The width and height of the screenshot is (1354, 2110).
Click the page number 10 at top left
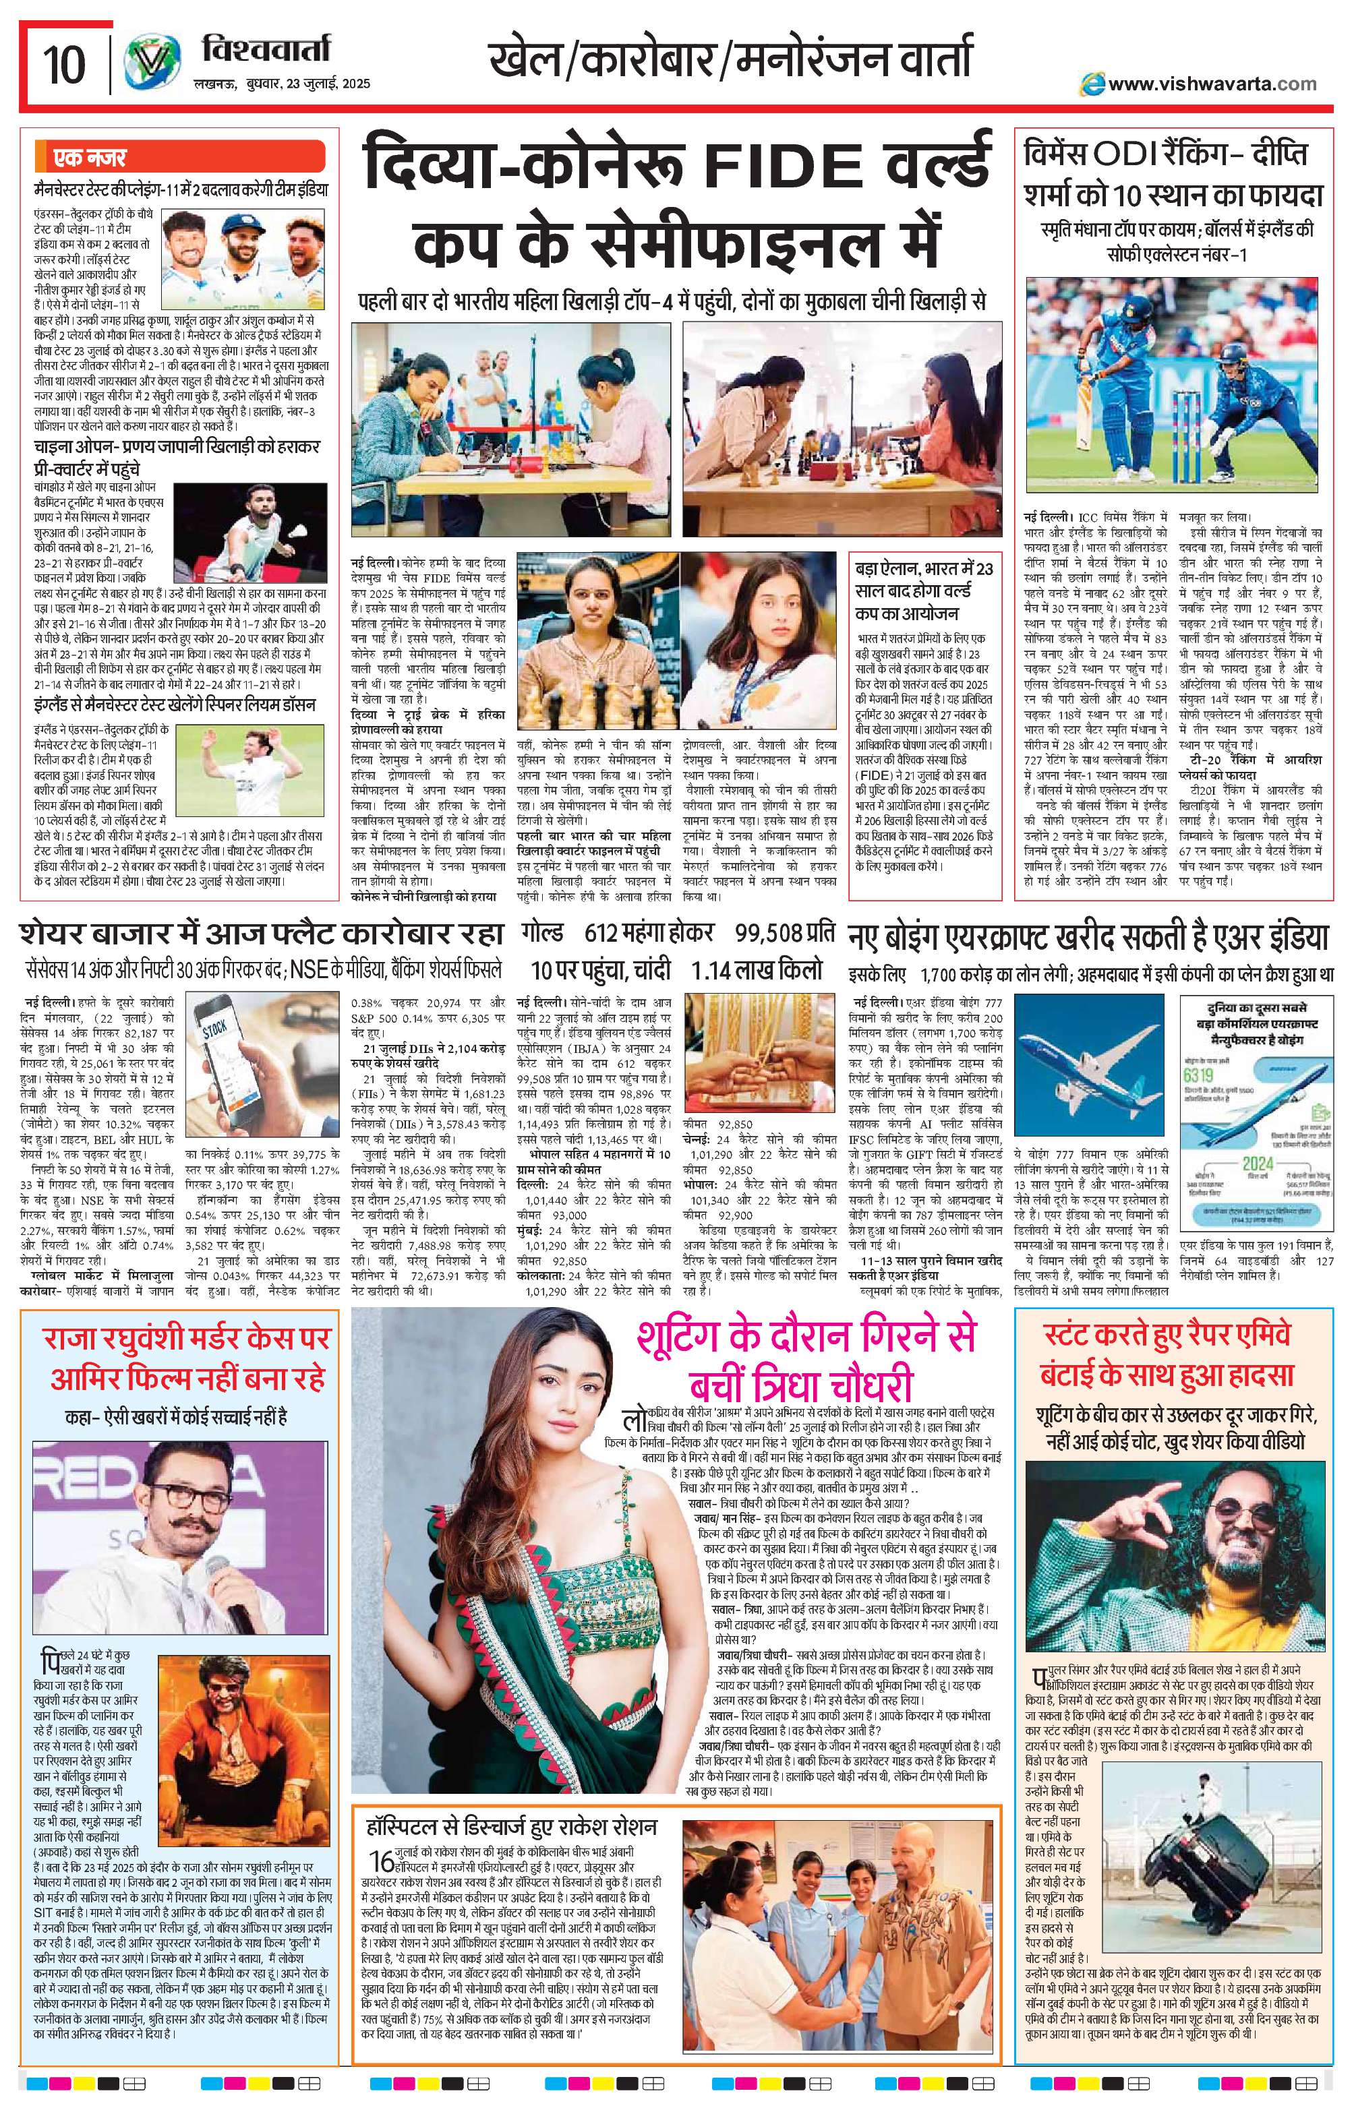point(63,63)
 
